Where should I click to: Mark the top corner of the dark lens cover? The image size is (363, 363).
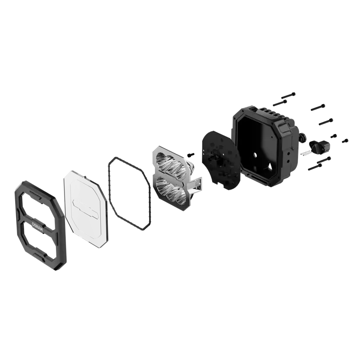point(71,172)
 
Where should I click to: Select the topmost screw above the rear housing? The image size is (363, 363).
point(288,94)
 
